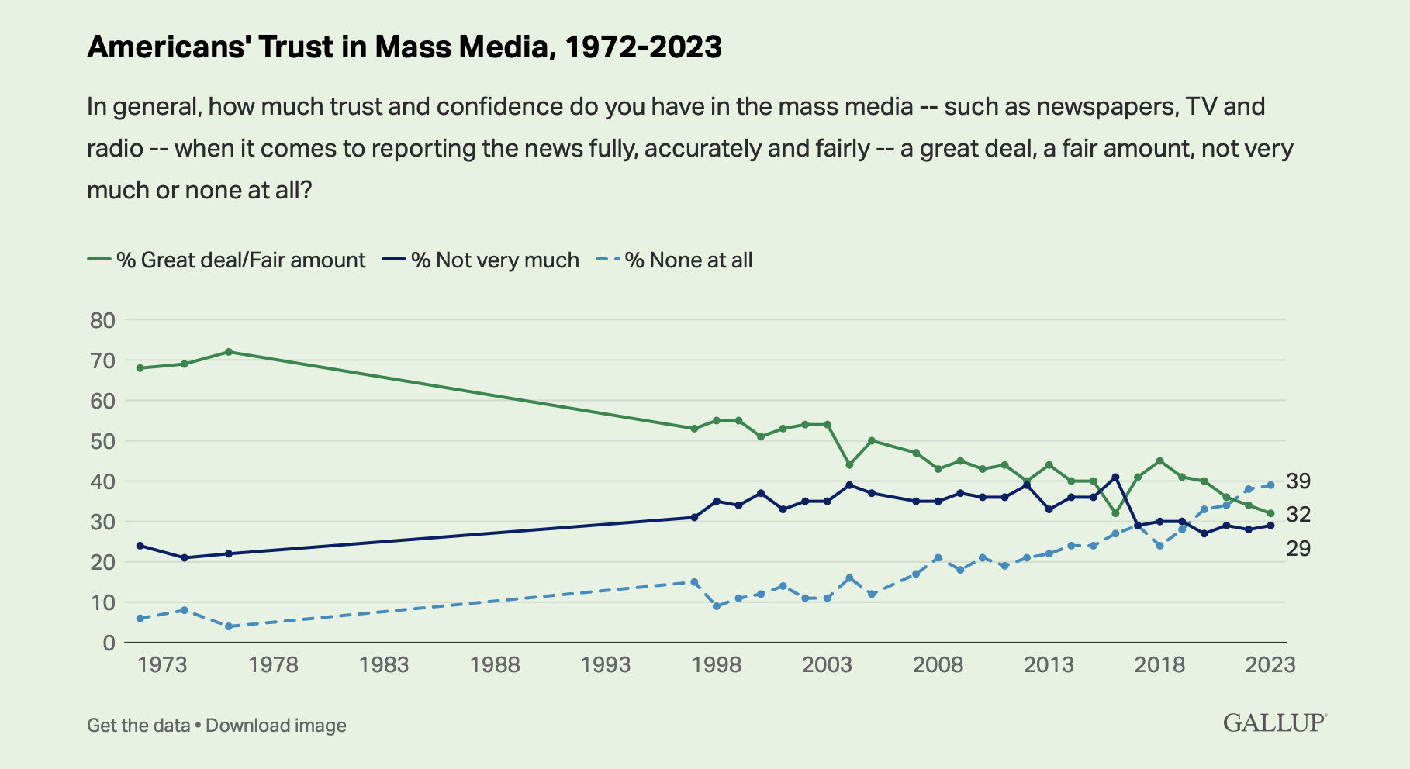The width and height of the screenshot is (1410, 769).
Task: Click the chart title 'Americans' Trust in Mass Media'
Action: (404, 47)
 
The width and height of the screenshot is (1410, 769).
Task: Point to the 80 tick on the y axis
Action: (102, 320)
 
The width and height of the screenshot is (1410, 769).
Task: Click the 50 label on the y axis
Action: (102, 441)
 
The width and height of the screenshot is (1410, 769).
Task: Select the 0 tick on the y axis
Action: (108, 643)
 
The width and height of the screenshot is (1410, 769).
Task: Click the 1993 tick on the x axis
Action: (606, 665)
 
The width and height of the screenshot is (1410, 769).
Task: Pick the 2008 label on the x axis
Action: (938, 665)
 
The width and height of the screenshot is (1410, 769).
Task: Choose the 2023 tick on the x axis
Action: (1270, 665)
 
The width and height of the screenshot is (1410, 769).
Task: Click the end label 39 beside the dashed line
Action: (1298, 481)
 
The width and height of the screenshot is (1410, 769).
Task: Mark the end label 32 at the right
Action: (1298, 514)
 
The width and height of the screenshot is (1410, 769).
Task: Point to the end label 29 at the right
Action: (1298, 549)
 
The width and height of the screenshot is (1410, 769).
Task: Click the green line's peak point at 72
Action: (229, 352)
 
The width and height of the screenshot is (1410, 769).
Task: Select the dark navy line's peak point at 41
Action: (1115, 477)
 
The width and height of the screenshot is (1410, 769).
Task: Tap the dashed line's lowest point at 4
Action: (229, 626)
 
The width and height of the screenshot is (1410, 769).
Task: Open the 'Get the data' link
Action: (138, 726)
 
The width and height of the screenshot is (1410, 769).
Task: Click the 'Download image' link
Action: (276, 726)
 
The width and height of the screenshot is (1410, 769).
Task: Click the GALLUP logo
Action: (1274, 722)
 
